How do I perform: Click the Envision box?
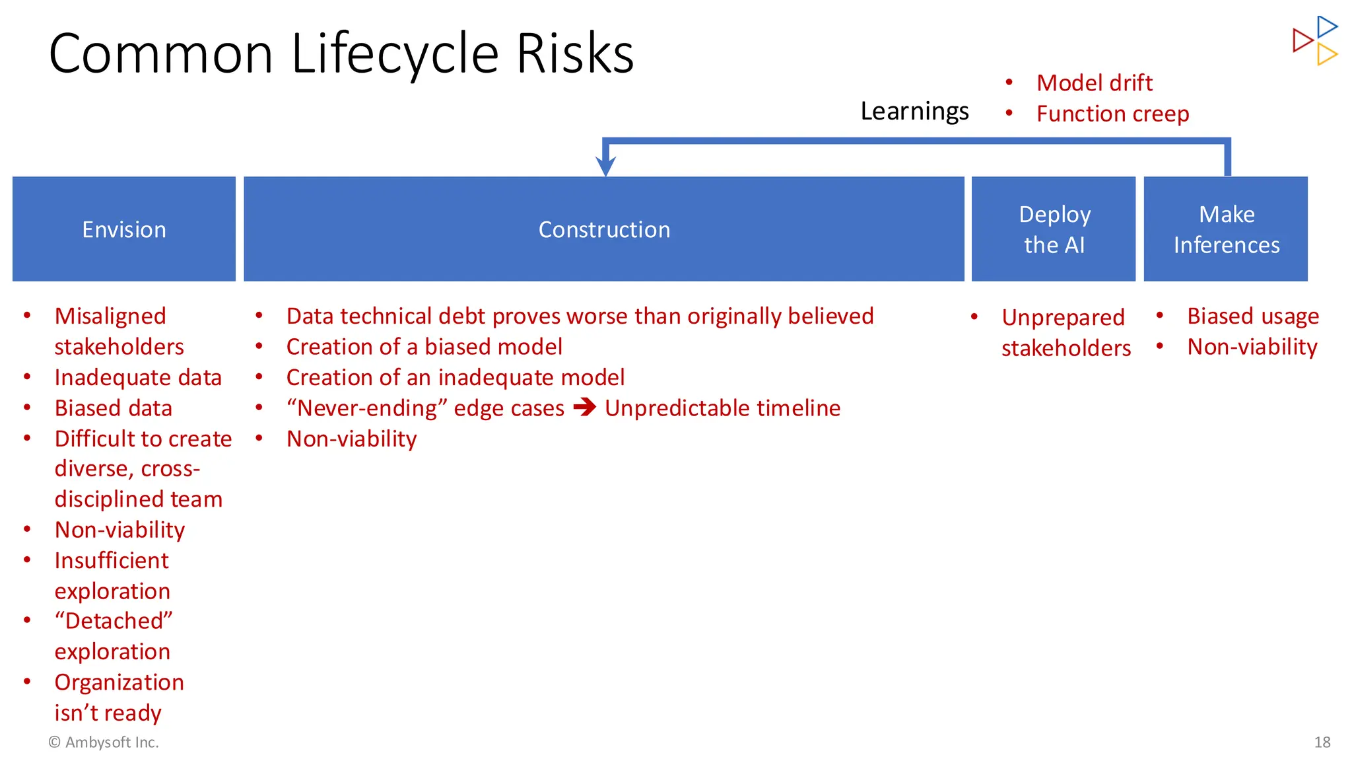124,229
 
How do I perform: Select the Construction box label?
604,229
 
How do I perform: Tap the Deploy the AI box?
1054,229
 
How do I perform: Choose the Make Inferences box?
1226,229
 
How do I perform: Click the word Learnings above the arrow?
914,111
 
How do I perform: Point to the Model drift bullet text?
1094,83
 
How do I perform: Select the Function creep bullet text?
1112,114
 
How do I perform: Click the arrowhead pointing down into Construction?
605,165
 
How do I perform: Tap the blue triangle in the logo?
1327,26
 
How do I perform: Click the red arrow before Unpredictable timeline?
584,407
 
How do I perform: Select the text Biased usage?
1252,316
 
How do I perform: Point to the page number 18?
1322,742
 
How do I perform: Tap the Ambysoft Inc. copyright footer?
104,742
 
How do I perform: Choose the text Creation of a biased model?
424,347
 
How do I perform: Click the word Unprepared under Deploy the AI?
1063,317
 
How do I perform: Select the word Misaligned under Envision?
110,316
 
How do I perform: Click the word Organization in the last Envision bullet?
119,682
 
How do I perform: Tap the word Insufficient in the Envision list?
112,560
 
